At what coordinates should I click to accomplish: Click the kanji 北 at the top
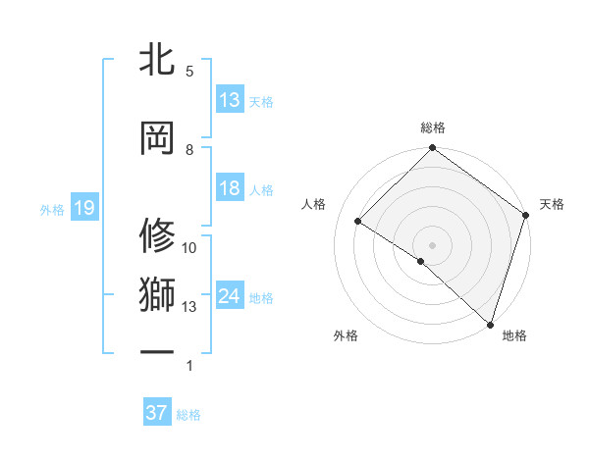157,59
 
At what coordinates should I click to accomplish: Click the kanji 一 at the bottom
157,351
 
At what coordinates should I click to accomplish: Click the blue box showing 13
230,100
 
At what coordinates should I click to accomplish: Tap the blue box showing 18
230,188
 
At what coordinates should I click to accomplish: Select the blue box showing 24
230,296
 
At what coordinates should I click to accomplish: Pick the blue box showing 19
83,208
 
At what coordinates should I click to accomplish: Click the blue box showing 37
156,413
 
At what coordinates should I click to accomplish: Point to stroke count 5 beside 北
189,71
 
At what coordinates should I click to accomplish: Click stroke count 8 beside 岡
189,149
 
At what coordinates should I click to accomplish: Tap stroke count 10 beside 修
189,248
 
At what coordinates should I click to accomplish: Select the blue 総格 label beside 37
188,415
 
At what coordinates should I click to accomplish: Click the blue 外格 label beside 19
52,209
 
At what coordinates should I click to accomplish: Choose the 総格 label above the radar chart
433,128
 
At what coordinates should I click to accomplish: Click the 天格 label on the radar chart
552,204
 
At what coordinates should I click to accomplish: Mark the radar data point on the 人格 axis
358,221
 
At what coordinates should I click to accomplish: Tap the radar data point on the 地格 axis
490,323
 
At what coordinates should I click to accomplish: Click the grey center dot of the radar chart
432,243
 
